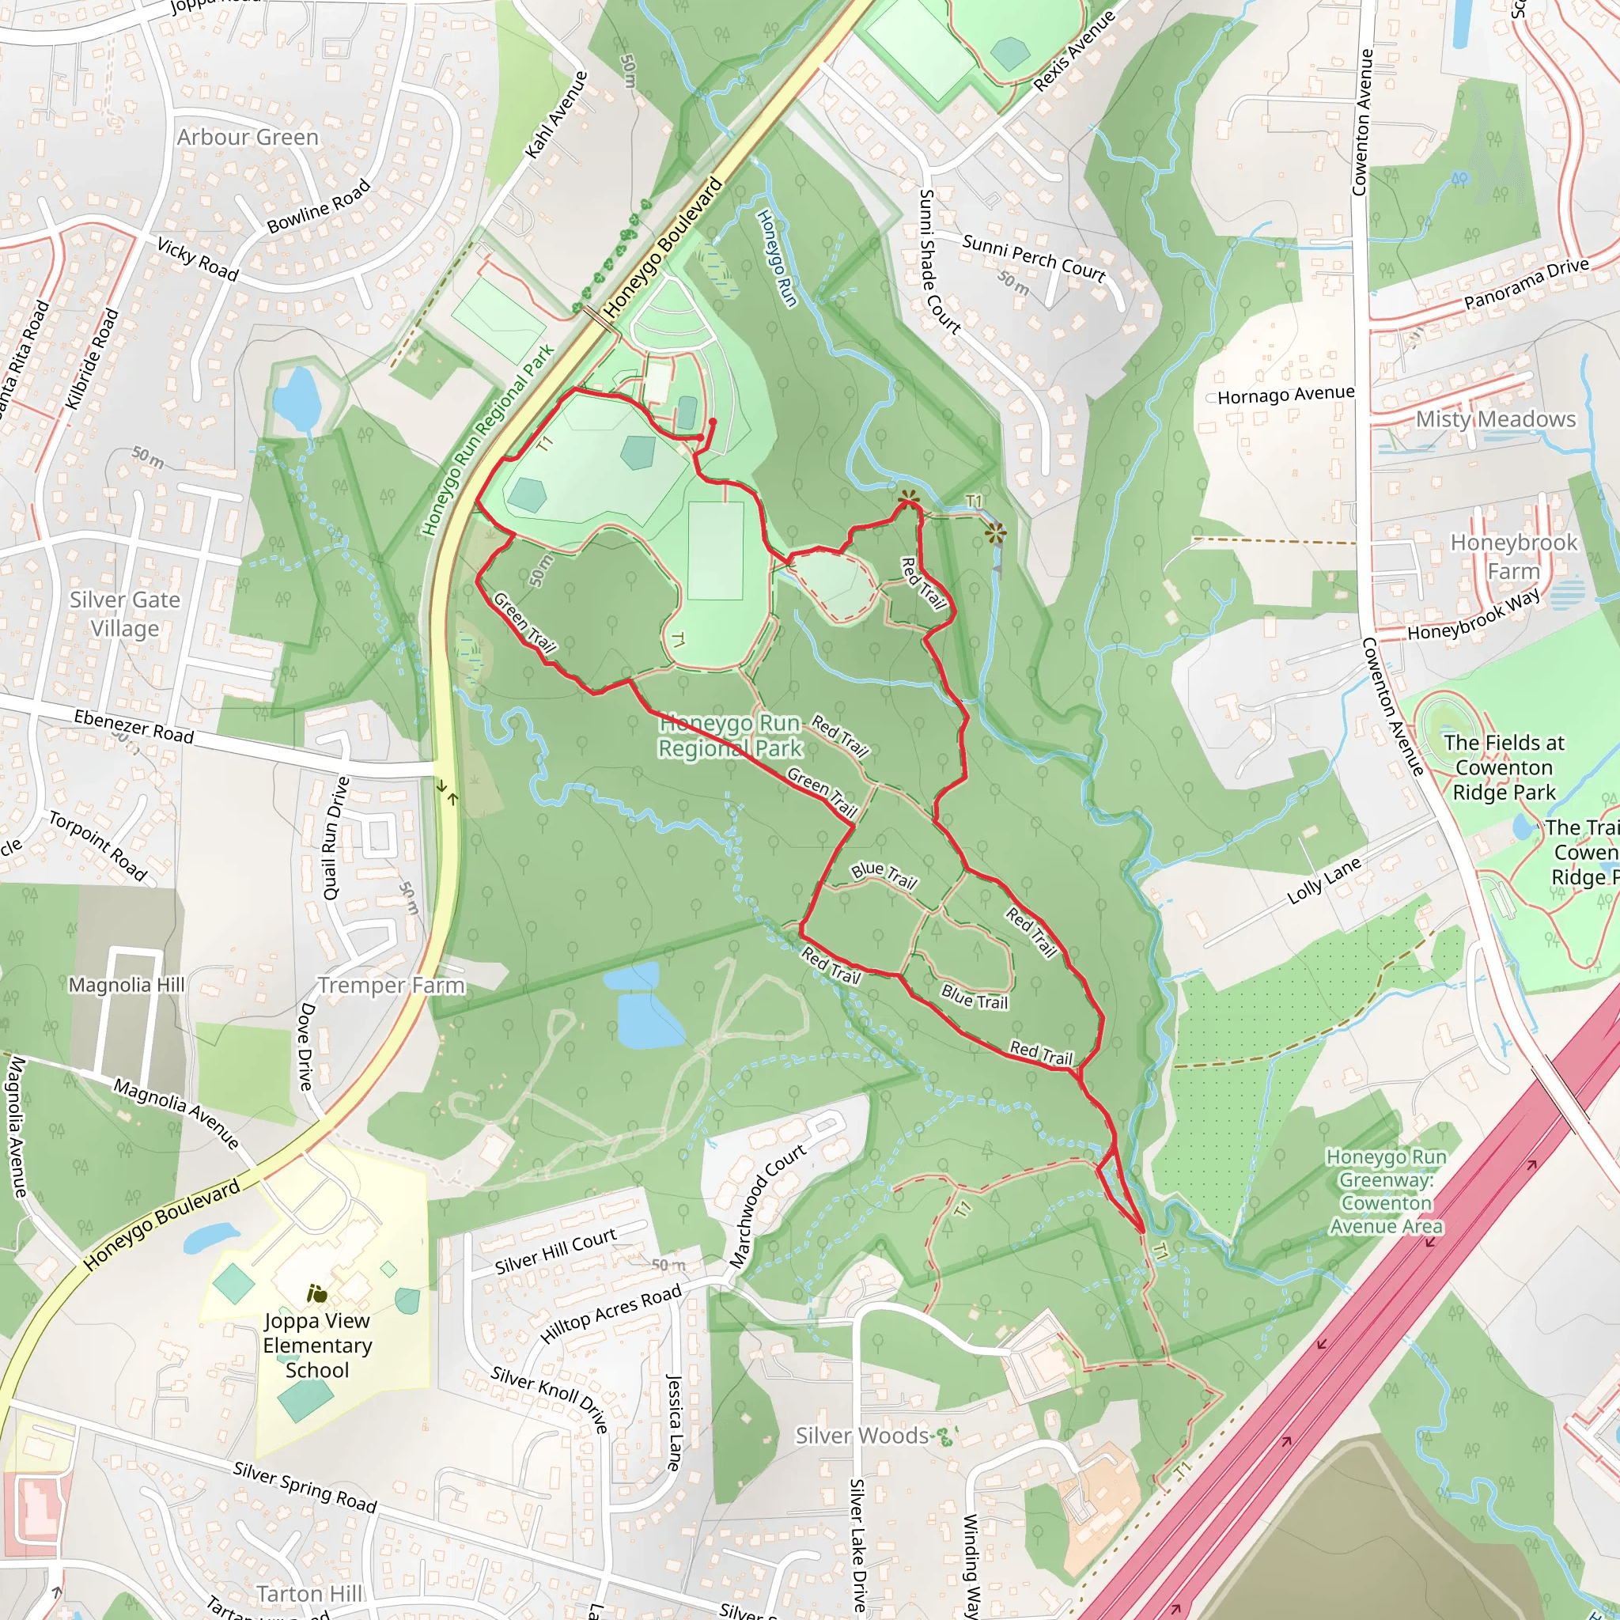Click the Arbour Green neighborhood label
click(248, 137)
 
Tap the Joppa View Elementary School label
click(317, 1345)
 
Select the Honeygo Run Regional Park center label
click(729, 736)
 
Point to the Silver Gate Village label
click(125, 614)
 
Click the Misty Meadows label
click(1495, 419)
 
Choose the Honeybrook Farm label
click(1513, 557)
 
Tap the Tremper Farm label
click(391, 986)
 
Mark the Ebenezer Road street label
click(134, 726)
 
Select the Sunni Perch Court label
click(1033, 257)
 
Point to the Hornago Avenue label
click(1285, 395)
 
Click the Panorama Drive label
click(1526, 283)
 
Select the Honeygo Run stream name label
click(777, 257)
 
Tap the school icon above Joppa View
click(316, 1294)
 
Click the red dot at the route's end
click(713, 422)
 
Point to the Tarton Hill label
click(309, 1593)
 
